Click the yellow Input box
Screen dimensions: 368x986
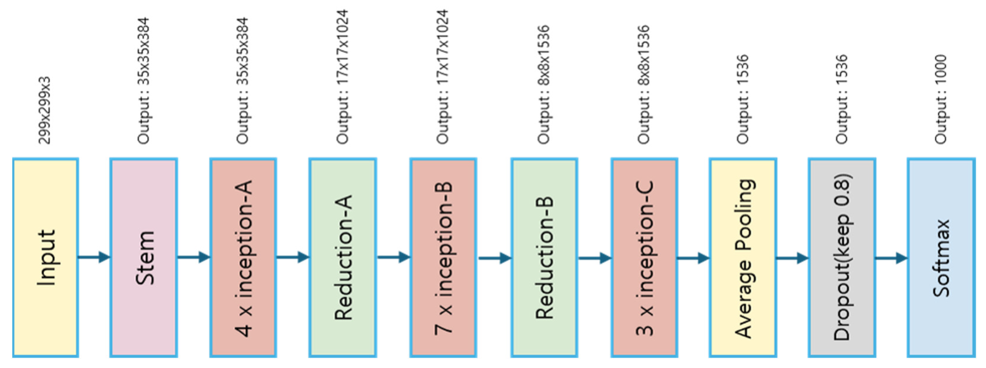point(46,257)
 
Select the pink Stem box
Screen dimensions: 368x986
point(144,257)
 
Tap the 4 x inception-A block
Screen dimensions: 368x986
point(243,257)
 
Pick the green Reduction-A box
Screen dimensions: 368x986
point(343,257)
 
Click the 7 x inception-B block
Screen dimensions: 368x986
point(443,257)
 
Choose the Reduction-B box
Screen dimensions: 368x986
point(544,257)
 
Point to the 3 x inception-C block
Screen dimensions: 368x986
point(644,257)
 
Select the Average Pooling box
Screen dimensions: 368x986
point(743,257)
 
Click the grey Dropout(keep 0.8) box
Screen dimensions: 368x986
point(842,257)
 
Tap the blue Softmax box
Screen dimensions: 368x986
point(941,257)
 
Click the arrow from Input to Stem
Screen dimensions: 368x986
point(94,257)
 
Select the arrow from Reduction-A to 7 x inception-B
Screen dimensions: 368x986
point(394,257)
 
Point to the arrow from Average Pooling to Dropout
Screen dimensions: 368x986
point(792,258)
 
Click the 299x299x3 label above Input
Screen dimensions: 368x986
point(45,110)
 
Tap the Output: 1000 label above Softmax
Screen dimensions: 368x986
point(941,99)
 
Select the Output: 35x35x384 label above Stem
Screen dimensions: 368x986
point(144,81)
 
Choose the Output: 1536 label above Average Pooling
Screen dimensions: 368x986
point(743,99)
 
